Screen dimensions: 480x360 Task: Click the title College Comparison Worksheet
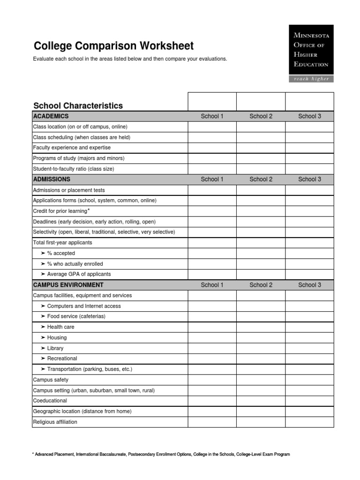point(113,46)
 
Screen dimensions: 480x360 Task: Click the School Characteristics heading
point(78,105)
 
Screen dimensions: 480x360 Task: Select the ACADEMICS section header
point(51,116)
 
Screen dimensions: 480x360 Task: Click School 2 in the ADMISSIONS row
point(261,179)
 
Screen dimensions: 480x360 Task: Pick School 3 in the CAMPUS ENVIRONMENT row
point(309,285)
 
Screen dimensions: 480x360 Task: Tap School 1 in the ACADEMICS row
point(212,116)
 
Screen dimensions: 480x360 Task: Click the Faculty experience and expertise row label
point(72,148)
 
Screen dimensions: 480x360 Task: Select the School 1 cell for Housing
point(212,337)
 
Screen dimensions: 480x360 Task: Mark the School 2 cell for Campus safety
point(261,380)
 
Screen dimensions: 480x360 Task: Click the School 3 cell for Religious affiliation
point(309,422)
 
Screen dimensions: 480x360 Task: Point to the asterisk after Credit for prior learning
point(89,210)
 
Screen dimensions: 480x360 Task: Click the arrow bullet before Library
point(43,348)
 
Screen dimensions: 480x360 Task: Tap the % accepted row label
point(61,253)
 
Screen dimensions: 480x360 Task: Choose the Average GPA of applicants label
point(79,274)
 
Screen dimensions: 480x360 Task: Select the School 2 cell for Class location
point(261,127)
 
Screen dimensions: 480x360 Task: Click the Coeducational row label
point(50,401)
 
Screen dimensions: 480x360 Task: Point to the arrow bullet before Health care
point(43,327)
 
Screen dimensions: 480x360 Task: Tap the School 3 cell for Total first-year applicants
point(309,243)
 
